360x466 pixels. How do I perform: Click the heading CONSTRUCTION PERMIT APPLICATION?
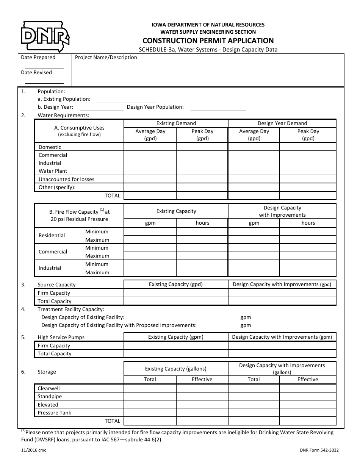click(x=208, y=41)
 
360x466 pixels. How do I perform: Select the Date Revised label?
click(x=36, y=72)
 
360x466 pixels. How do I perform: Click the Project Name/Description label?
click(x=106, y=58)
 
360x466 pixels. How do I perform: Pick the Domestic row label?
click(x=50, y=147)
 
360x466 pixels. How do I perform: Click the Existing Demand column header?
click(x=176, y=123)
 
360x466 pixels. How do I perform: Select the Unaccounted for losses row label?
click(x=66, y=179)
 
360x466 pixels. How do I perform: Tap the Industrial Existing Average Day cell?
click(x=150, y=163)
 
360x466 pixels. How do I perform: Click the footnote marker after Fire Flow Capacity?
click(x=102, y=210)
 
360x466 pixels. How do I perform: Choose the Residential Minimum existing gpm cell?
click(x=150, y=231)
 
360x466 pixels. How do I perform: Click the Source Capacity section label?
click(x=56, y=285)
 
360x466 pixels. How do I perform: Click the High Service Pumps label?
click(x=61, y=337)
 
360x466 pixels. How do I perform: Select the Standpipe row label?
click(x=50, y=396)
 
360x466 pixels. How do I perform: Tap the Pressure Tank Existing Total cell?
click(x=150, y=413)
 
